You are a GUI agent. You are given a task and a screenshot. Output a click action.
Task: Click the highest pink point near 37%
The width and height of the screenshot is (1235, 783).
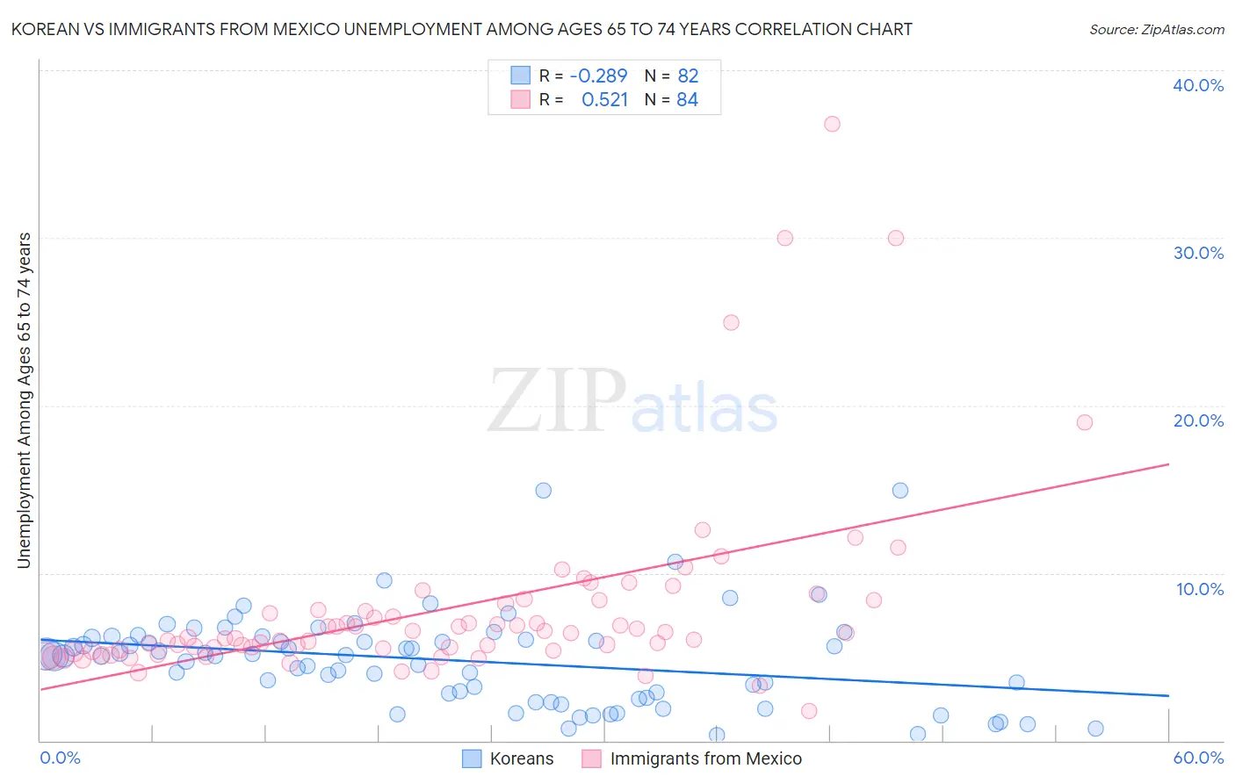(832, 124)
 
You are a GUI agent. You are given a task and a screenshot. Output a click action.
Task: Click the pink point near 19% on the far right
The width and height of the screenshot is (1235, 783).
(1085, 422)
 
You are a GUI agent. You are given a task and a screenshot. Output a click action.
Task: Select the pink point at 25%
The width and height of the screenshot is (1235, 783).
(731, 322)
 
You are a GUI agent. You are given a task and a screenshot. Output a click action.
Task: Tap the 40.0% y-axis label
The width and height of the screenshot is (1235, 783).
(1198, 85)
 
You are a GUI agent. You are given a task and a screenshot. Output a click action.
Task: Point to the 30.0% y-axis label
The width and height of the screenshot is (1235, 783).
(1198, 253)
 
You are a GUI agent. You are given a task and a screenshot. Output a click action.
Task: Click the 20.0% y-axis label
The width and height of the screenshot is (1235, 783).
(1198, 420)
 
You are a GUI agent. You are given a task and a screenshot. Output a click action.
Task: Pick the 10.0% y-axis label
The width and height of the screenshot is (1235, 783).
(1200, 589)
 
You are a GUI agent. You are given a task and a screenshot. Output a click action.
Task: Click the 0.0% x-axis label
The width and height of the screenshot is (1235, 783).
(60, 758)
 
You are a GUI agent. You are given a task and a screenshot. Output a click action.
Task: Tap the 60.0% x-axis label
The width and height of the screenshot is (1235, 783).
(1198, 758)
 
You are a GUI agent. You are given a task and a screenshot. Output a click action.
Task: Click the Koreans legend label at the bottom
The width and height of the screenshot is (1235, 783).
(522, 758)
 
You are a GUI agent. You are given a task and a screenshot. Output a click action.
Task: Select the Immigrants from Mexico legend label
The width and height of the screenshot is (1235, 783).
(705, 758)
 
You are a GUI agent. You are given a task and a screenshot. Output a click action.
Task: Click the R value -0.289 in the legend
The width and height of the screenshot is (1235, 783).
(598, 75)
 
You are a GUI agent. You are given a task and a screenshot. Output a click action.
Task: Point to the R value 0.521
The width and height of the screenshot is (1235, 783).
(604, 100)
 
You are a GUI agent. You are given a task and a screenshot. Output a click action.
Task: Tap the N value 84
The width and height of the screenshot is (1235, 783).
(687, 100)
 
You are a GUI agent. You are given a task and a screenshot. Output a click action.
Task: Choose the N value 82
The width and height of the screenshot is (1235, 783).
(688, 75)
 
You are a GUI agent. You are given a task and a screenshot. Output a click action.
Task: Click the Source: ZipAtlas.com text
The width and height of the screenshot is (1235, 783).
(1156, 29)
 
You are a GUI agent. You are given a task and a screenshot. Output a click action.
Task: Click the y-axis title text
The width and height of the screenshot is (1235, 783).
(25, 399)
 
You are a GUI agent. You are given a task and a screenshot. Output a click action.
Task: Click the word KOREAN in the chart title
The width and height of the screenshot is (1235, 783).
(43, 29)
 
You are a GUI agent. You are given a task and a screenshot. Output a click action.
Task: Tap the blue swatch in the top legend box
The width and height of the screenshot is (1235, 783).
(521, 75)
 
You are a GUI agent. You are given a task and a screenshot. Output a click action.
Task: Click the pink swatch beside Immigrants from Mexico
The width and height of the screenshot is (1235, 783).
(591, 758)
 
